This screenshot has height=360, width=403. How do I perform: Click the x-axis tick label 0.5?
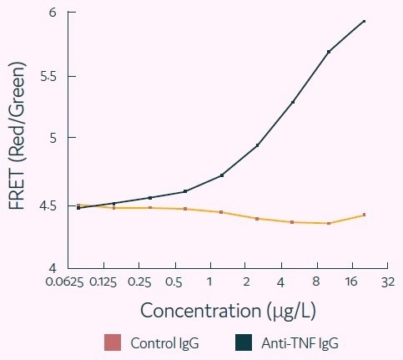pyautogui.click(x=174, y=285)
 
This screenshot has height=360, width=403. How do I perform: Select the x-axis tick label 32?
pyautogui.click(x=386, y=285)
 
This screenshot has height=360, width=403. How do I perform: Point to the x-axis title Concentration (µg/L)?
pyautogui.click(x=228, y=312)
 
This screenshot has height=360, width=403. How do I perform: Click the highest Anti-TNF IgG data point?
pyautogui.click(x=365, y=21)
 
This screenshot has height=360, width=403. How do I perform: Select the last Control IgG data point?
pyautogui.click(x=365, y=215)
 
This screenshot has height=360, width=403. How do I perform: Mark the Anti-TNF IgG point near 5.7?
pyautogui.click(x=329, y=52)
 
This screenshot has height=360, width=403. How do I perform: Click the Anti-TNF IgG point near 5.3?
pyautogui.click(x=293, y=102)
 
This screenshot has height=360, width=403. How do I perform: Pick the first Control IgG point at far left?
pyautogui.click(x=78, y=205)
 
